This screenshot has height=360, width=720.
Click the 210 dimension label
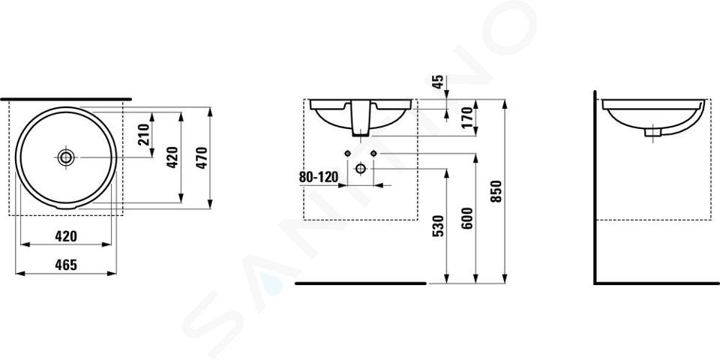(144, 134)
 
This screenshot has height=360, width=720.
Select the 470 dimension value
(202, 157)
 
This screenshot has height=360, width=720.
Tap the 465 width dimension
(66, 265)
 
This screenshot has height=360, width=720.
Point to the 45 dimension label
(439, 82)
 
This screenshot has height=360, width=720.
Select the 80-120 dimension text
(319, 177)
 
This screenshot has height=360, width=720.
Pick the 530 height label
(439, 226)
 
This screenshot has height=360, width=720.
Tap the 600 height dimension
(467, 218)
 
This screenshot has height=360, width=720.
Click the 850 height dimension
(496, 191)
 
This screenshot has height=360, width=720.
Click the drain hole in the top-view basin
(66, 157)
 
